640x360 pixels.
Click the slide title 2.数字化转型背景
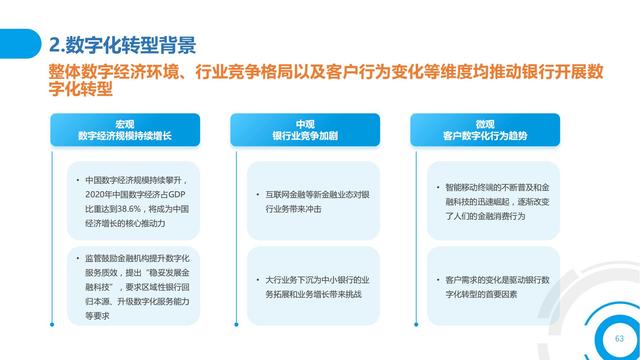pyautogui.click(x=121, y=44)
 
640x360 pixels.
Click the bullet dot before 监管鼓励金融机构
pyautogui.click(x=75, y=258)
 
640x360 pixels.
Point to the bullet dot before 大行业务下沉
pyautogui.click(x=256, y=279)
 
